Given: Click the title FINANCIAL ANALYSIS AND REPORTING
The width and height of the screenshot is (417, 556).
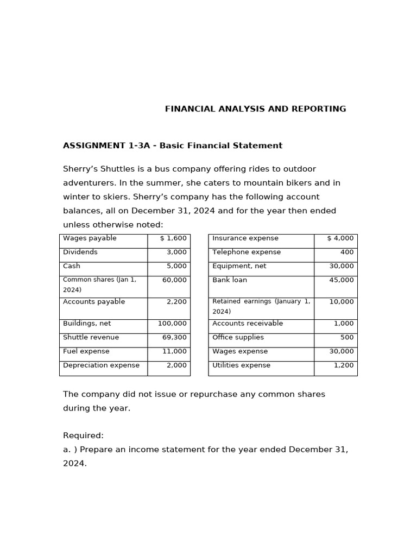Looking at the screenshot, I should [255, 109].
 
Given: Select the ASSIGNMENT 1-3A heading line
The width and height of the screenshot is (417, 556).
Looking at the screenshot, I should [173, 146].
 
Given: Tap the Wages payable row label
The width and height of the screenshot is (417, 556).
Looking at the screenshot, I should [90, 238].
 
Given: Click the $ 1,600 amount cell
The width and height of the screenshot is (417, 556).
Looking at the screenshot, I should [173, 238].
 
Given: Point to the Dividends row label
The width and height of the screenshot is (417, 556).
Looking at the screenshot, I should [80, 252].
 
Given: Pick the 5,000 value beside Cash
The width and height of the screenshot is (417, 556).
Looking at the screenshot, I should [178, 267].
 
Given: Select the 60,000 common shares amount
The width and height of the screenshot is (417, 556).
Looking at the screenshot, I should [174, 280].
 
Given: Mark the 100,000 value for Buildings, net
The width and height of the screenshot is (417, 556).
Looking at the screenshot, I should [172, 324].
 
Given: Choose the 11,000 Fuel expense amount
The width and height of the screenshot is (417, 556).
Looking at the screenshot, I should [174, 352].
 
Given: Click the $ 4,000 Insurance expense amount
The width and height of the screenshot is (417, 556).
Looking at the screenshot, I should [340, 238].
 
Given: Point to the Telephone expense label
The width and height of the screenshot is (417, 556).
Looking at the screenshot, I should [247, 252].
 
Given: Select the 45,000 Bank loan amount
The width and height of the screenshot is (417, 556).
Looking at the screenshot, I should [342, 280].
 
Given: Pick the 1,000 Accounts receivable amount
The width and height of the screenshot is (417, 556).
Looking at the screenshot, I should [344, 324].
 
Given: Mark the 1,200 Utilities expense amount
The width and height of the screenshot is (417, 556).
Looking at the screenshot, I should [344, 365].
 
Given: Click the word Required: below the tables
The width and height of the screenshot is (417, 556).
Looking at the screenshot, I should [83, 435].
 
